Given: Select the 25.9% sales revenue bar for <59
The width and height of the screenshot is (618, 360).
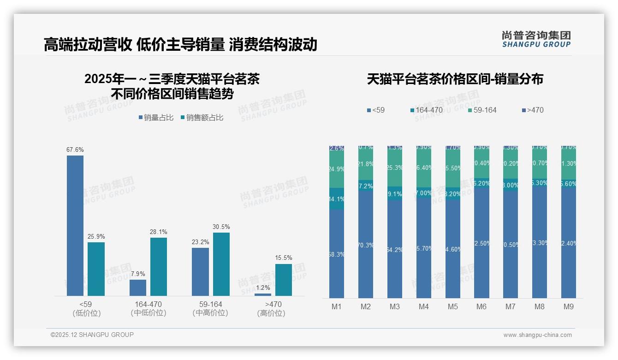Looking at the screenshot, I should [96, 269].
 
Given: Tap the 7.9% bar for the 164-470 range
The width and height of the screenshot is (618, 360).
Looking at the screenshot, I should [138, 288].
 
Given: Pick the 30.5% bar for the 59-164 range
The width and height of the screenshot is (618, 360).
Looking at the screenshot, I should [221, 264].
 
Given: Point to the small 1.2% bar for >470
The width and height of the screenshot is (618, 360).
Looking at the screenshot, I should [263, 294].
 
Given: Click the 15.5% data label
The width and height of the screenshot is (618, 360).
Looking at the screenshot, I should [283, 258].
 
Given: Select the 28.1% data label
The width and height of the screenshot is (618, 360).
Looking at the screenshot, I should [159, 232].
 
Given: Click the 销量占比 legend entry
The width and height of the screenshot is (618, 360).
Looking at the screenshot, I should [156, 118].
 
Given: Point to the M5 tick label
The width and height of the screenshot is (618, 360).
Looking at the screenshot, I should [452, 307].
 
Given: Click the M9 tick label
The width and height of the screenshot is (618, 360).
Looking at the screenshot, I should [569, 307].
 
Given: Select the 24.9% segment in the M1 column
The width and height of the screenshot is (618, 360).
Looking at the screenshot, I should [337, 169].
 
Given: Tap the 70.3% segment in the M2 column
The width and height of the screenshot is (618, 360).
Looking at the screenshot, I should [366, 245].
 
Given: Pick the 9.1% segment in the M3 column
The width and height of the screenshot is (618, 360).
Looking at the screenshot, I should [395, 193].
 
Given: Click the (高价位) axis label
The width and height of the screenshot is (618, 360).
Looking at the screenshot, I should [271, 313].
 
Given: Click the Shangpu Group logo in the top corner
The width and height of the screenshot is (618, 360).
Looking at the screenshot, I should [536, 39].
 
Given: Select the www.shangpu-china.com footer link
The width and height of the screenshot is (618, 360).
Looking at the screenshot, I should [537, 335].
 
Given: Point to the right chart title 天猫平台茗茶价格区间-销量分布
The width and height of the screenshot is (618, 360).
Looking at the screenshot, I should [455, 79].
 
